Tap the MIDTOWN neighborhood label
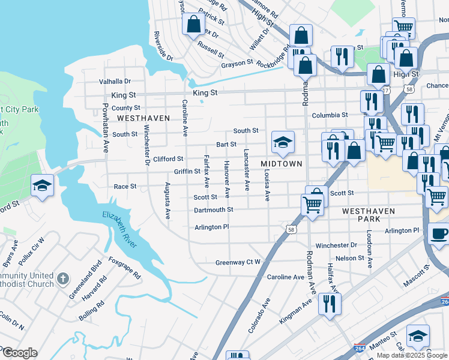tap(280, 164)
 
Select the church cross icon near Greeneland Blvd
tap(64, 279)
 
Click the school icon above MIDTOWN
tap(283, 143)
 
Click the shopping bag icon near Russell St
tap(193, 25)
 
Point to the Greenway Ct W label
tap(238, 262)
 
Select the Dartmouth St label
tap(213, 210)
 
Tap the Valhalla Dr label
tap(115, 81)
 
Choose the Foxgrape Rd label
tap(124, 268)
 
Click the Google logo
tap(19, 353)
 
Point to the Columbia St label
tap(329, 115)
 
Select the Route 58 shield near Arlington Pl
tap(291, 229)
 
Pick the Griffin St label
tap(187, 172)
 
